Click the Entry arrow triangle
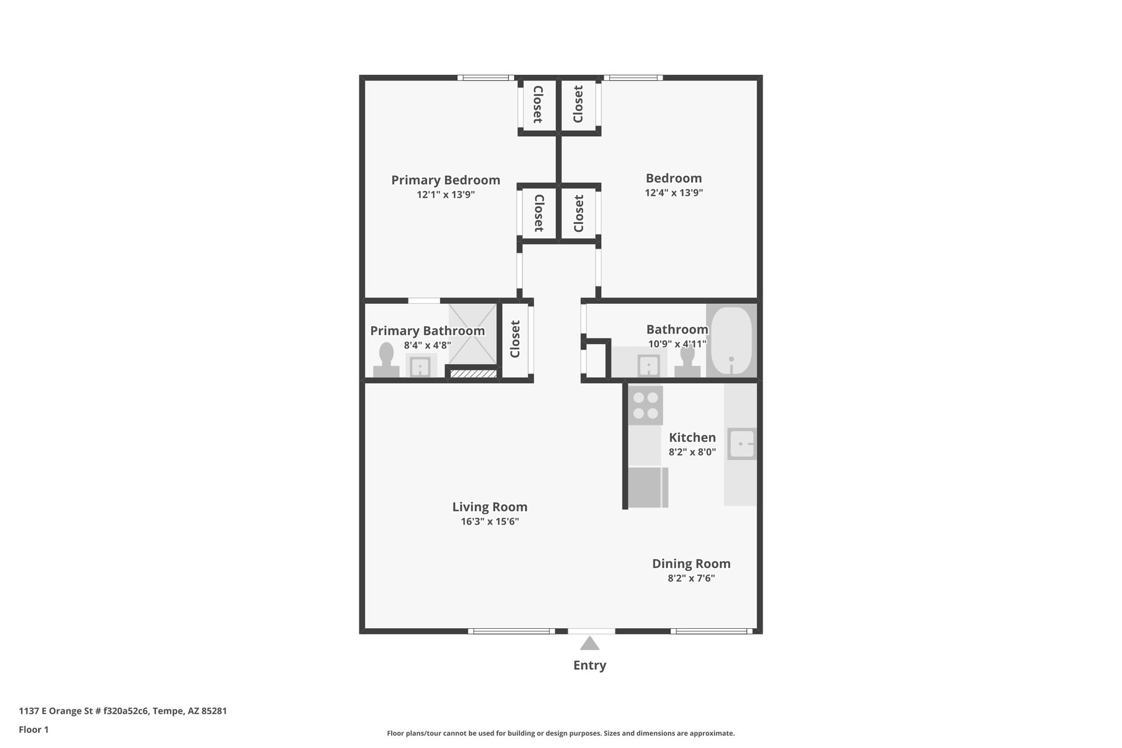[x=590, y=643]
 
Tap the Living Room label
[x=490, y=507]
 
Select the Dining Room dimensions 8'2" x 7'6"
[x=691, y=579]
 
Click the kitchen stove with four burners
[x=646, y=406]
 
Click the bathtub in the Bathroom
[x=731, y=341]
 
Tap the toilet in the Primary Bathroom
[x=386, y=360]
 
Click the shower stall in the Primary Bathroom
[x=472, y=334]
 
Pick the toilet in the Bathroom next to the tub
[x=687, y=361]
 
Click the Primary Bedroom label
[x=446, y=180]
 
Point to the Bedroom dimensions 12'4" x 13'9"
[x=674, y=193]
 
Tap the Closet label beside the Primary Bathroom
[x=515, y=339]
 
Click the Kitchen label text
[x=692, y=438]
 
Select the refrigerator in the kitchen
[x=648, y=487]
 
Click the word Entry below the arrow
[x=590, y=665]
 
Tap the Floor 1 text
[x=34, y=729]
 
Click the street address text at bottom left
[x=123, y=711]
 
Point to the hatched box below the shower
[x=473, y=373]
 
